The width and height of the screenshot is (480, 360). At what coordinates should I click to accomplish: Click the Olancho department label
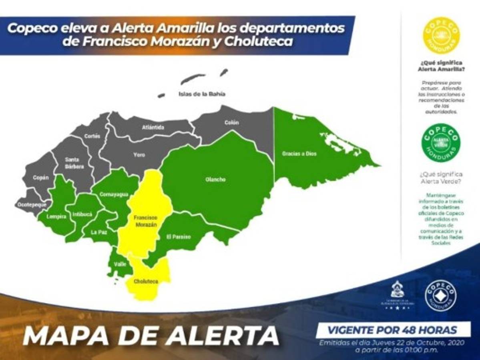215,180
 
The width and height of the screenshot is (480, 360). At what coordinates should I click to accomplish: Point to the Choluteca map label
146,281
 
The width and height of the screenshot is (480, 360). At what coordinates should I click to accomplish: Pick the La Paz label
98,232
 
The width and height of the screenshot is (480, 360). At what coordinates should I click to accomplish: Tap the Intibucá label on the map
82,214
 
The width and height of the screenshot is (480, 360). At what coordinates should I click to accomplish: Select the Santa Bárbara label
74,163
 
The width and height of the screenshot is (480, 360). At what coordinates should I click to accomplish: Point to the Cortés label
92,136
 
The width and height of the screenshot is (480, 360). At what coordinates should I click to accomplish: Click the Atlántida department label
153,128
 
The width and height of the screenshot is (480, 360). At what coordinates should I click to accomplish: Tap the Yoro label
139,154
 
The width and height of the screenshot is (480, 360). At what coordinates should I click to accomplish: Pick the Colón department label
231,122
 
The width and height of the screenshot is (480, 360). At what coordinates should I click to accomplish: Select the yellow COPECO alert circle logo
441,35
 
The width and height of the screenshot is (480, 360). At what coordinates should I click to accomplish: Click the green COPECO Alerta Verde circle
441,143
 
